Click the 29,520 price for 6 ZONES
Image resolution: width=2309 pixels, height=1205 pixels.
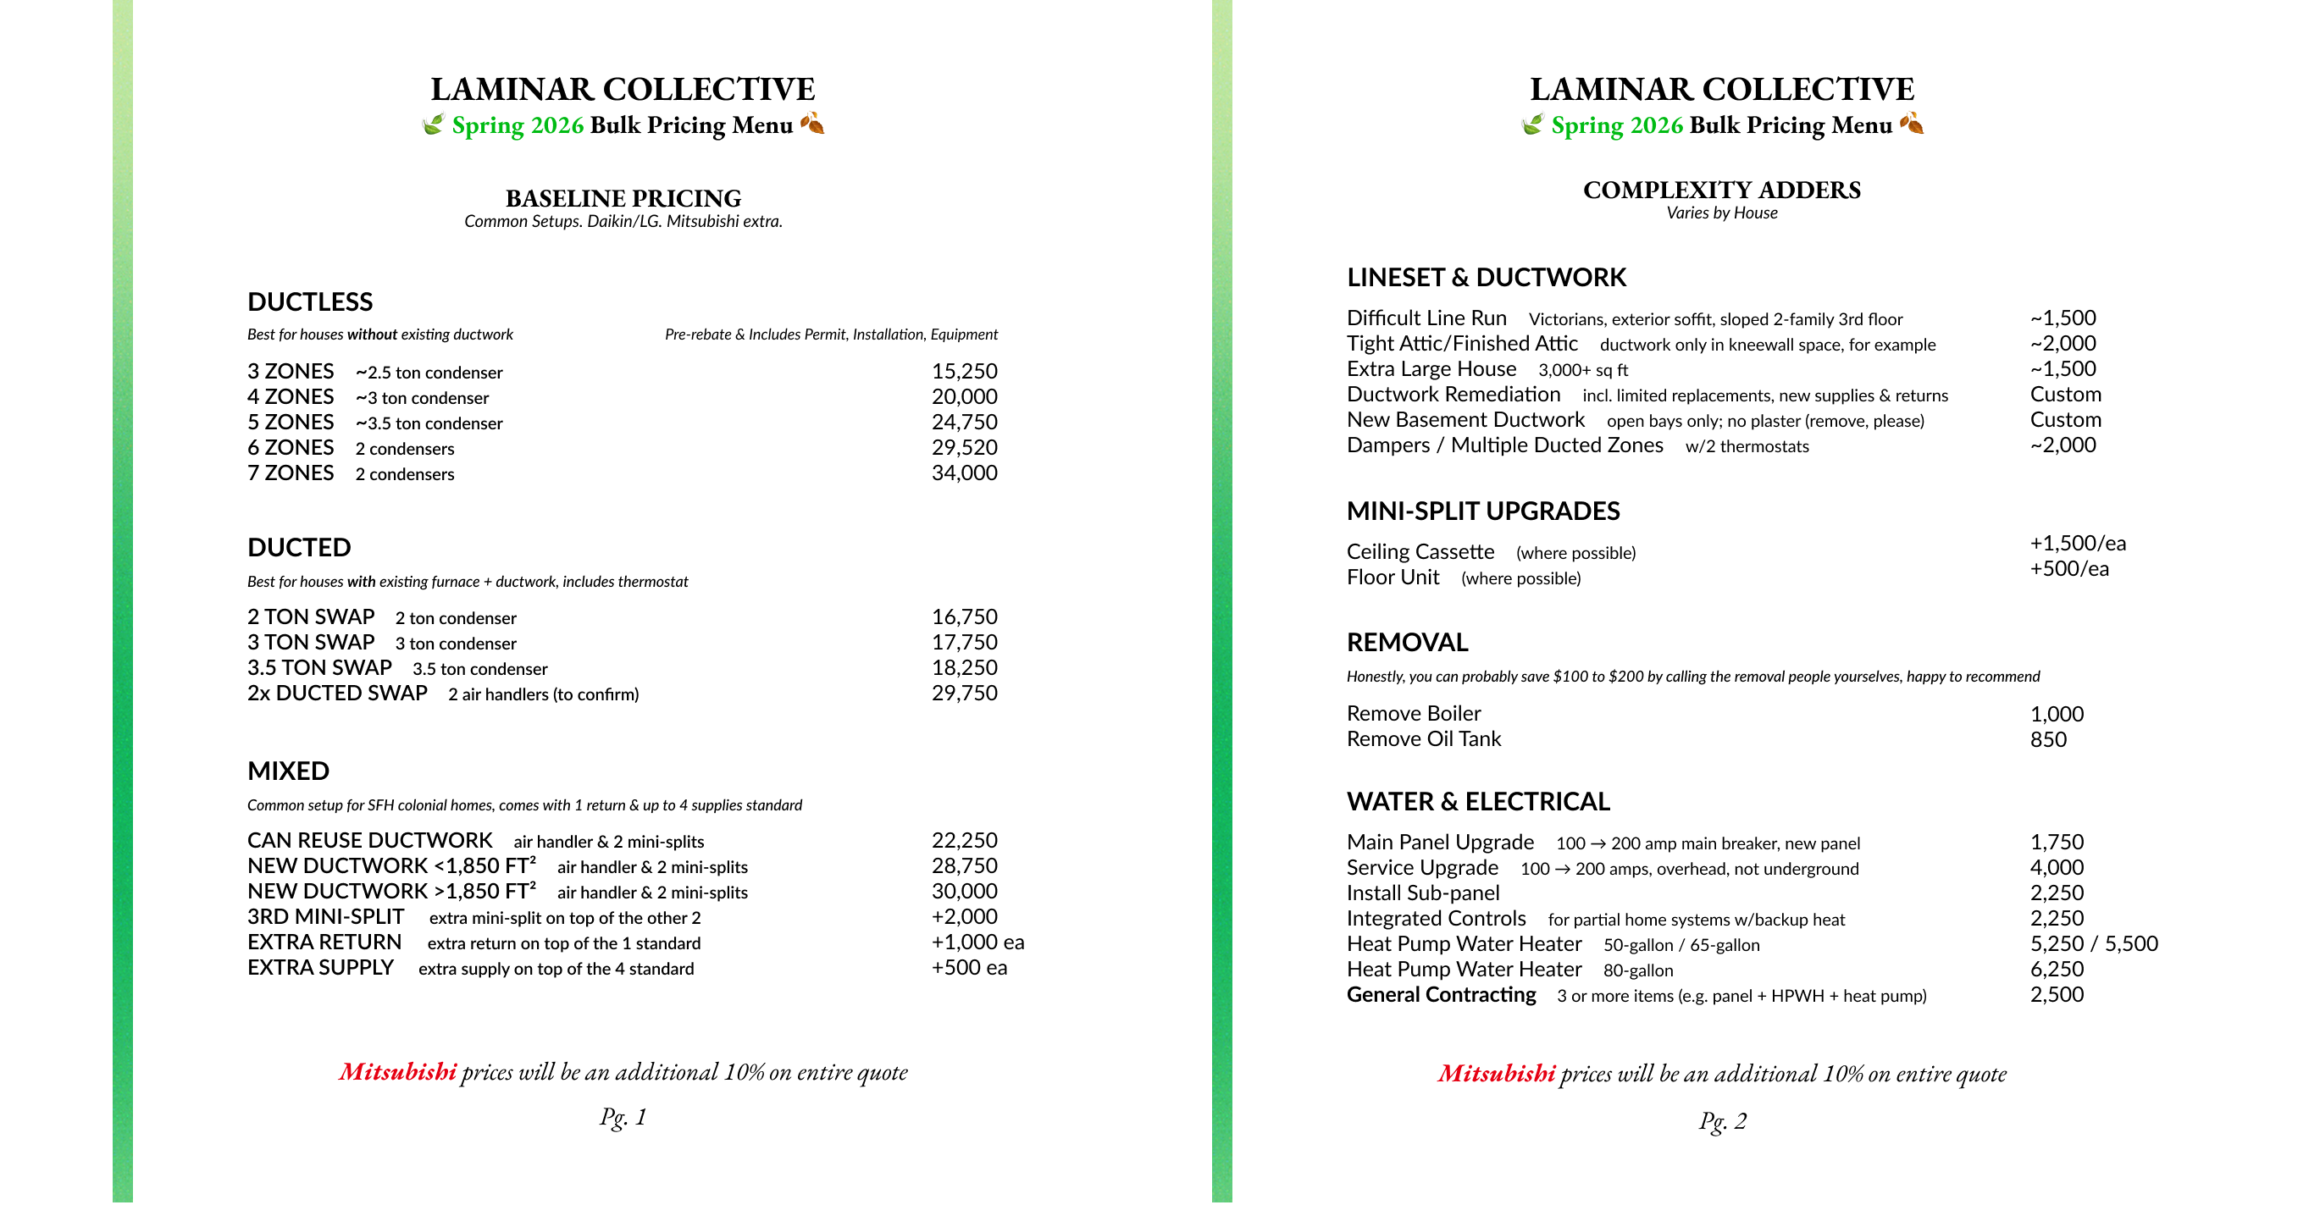[x=964, y=447]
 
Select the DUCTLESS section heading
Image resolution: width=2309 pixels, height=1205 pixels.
[x=309, y=302]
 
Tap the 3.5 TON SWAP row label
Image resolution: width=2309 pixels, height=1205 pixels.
[x=319, y=667]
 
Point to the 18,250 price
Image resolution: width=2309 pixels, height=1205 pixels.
[x=964, y=667]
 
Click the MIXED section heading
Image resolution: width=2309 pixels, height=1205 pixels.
[x=288, y=771]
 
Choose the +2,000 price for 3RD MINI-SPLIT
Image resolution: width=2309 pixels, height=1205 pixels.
[x=964, y=916]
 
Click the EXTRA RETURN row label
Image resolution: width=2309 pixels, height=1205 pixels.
[x=324, y=942]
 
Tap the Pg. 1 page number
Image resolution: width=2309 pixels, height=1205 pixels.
[x=623, y=1117]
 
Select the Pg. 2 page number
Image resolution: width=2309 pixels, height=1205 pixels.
[x=1722, y=1121]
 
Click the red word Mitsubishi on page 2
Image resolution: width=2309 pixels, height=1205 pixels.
[x=1496, y=1073]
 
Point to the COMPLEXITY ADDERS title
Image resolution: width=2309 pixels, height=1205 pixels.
[x=1721, y=190]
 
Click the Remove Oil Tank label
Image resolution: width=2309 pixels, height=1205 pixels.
[x=1422, y=739]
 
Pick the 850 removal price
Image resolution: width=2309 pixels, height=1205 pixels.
[x=2048, y=739]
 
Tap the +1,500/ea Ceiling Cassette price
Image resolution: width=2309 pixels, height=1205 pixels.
[x=2077, y=543]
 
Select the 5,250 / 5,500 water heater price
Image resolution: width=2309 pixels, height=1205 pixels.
[x=2093, y=943]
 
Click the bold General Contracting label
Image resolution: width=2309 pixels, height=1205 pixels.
[x=1441, y=994]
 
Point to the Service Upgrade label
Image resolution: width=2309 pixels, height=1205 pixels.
[x=1421, y=867]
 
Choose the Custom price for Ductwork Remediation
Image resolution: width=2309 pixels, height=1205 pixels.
[x=2065, y=395]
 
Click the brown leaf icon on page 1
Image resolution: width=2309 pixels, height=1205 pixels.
[x=812, y=123]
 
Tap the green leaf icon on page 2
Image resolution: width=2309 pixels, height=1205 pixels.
[x=1533, y=124]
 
